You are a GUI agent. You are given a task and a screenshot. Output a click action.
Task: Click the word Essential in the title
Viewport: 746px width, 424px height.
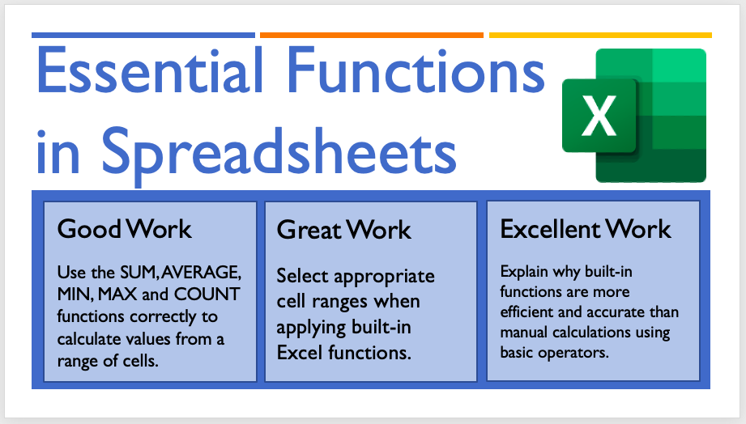150,70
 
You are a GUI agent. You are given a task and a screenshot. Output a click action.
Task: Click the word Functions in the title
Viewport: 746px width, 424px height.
416,70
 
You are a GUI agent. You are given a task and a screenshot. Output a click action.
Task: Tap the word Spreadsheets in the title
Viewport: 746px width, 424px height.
279,153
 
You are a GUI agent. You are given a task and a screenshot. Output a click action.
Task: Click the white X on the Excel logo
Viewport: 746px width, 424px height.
599,116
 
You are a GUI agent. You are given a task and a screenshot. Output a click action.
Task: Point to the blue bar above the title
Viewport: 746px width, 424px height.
143,35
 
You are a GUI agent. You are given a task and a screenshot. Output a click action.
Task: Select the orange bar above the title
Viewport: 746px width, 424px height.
372,35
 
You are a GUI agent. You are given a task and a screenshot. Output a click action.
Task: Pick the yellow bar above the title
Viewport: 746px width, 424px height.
600,35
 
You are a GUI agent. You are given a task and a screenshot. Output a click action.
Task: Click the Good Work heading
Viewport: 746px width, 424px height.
124,229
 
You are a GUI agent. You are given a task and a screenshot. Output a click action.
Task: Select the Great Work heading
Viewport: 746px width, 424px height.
343,230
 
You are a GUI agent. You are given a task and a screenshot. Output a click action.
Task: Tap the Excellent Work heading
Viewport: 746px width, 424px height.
585,229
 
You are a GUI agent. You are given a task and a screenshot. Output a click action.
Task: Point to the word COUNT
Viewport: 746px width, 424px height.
207,295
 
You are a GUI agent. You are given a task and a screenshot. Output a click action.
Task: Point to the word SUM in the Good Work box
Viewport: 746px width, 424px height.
139,273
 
